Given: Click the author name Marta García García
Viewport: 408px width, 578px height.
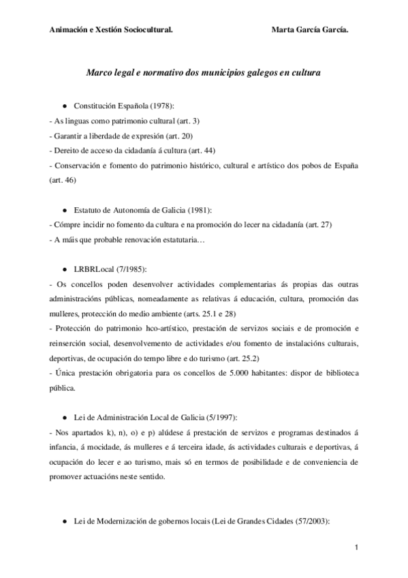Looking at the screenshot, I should (314, 30).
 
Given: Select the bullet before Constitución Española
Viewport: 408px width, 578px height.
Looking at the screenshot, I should (64, 107).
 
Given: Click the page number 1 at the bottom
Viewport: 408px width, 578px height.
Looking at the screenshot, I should (356, 548).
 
